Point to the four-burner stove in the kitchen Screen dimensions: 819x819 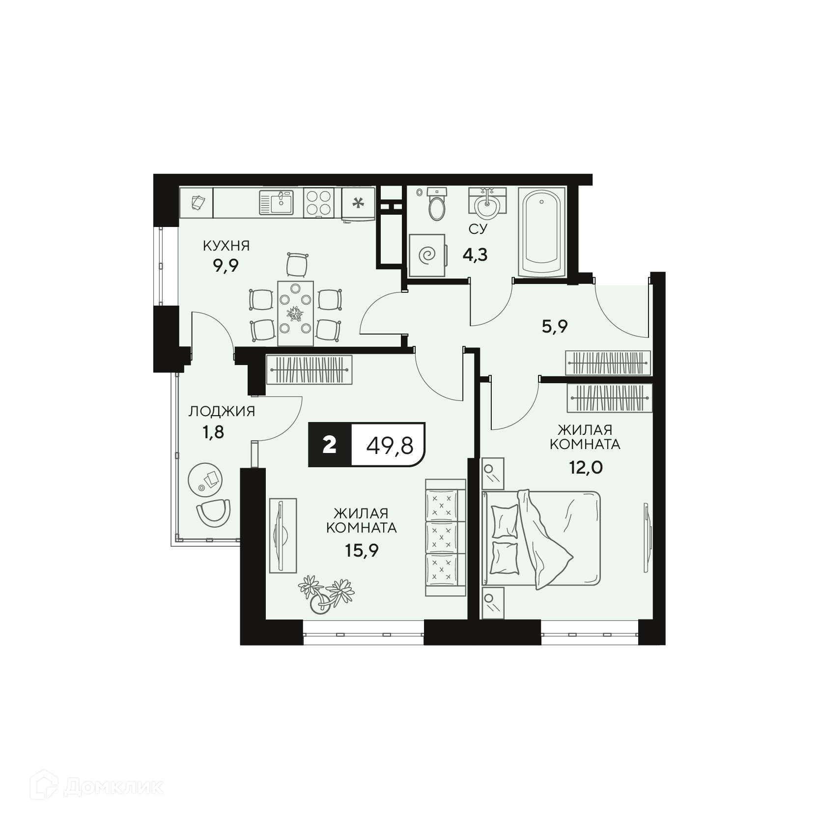(318, 203)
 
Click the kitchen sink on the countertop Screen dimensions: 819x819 (276, 203)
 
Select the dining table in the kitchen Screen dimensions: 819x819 (296, 313)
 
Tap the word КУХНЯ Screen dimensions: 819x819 (226, 246)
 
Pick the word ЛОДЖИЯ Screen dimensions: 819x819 (222, 411)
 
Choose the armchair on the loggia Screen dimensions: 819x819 (213, 513)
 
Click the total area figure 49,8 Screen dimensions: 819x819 (389, 446)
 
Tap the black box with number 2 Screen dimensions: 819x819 (330, 445)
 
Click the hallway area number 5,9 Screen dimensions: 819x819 (555, 326)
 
